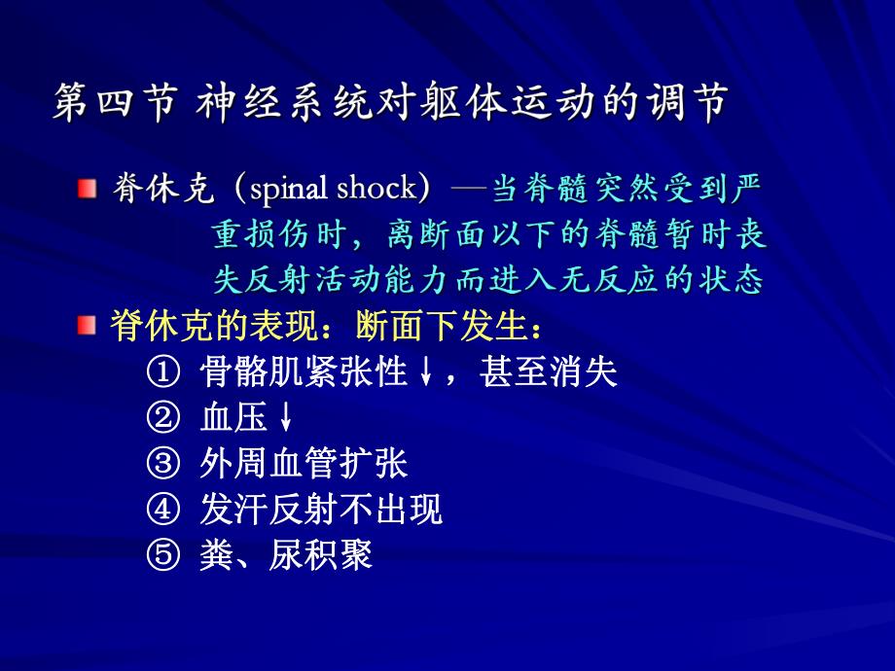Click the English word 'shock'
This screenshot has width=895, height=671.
click(x=376, y=188)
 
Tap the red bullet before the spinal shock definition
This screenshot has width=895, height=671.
click(x=89, y=188)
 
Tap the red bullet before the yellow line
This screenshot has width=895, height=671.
click(x=89, y=326)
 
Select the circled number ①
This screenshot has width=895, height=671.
click(x=162, y=372)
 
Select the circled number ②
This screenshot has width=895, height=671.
click(x=162, y=418)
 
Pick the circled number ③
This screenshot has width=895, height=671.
click(x=162, y=464)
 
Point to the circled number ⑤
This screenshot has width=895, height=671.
click(x=162, y=555)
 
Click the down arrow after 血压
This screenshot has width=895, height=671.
click(x=285, y=419)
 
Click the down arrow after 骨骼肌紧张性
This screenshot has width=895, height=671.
click(x=425, y=373)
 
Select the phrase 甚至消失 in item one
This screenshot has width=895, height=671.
click(x=548, y=372)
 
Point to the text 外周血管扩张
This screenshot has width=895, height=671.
click(x=303, y=464)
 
